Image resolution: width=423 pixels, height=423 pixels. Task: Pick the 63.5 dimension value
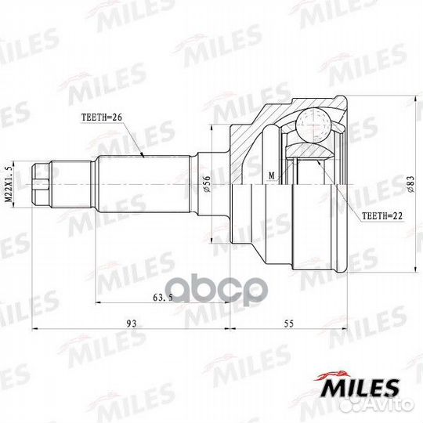(162, 298)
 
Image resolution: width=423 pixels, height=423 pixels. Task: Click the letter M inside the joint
(271, 176)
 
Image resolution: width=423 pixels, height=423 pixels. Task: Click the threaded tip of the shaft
(42, 184)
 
